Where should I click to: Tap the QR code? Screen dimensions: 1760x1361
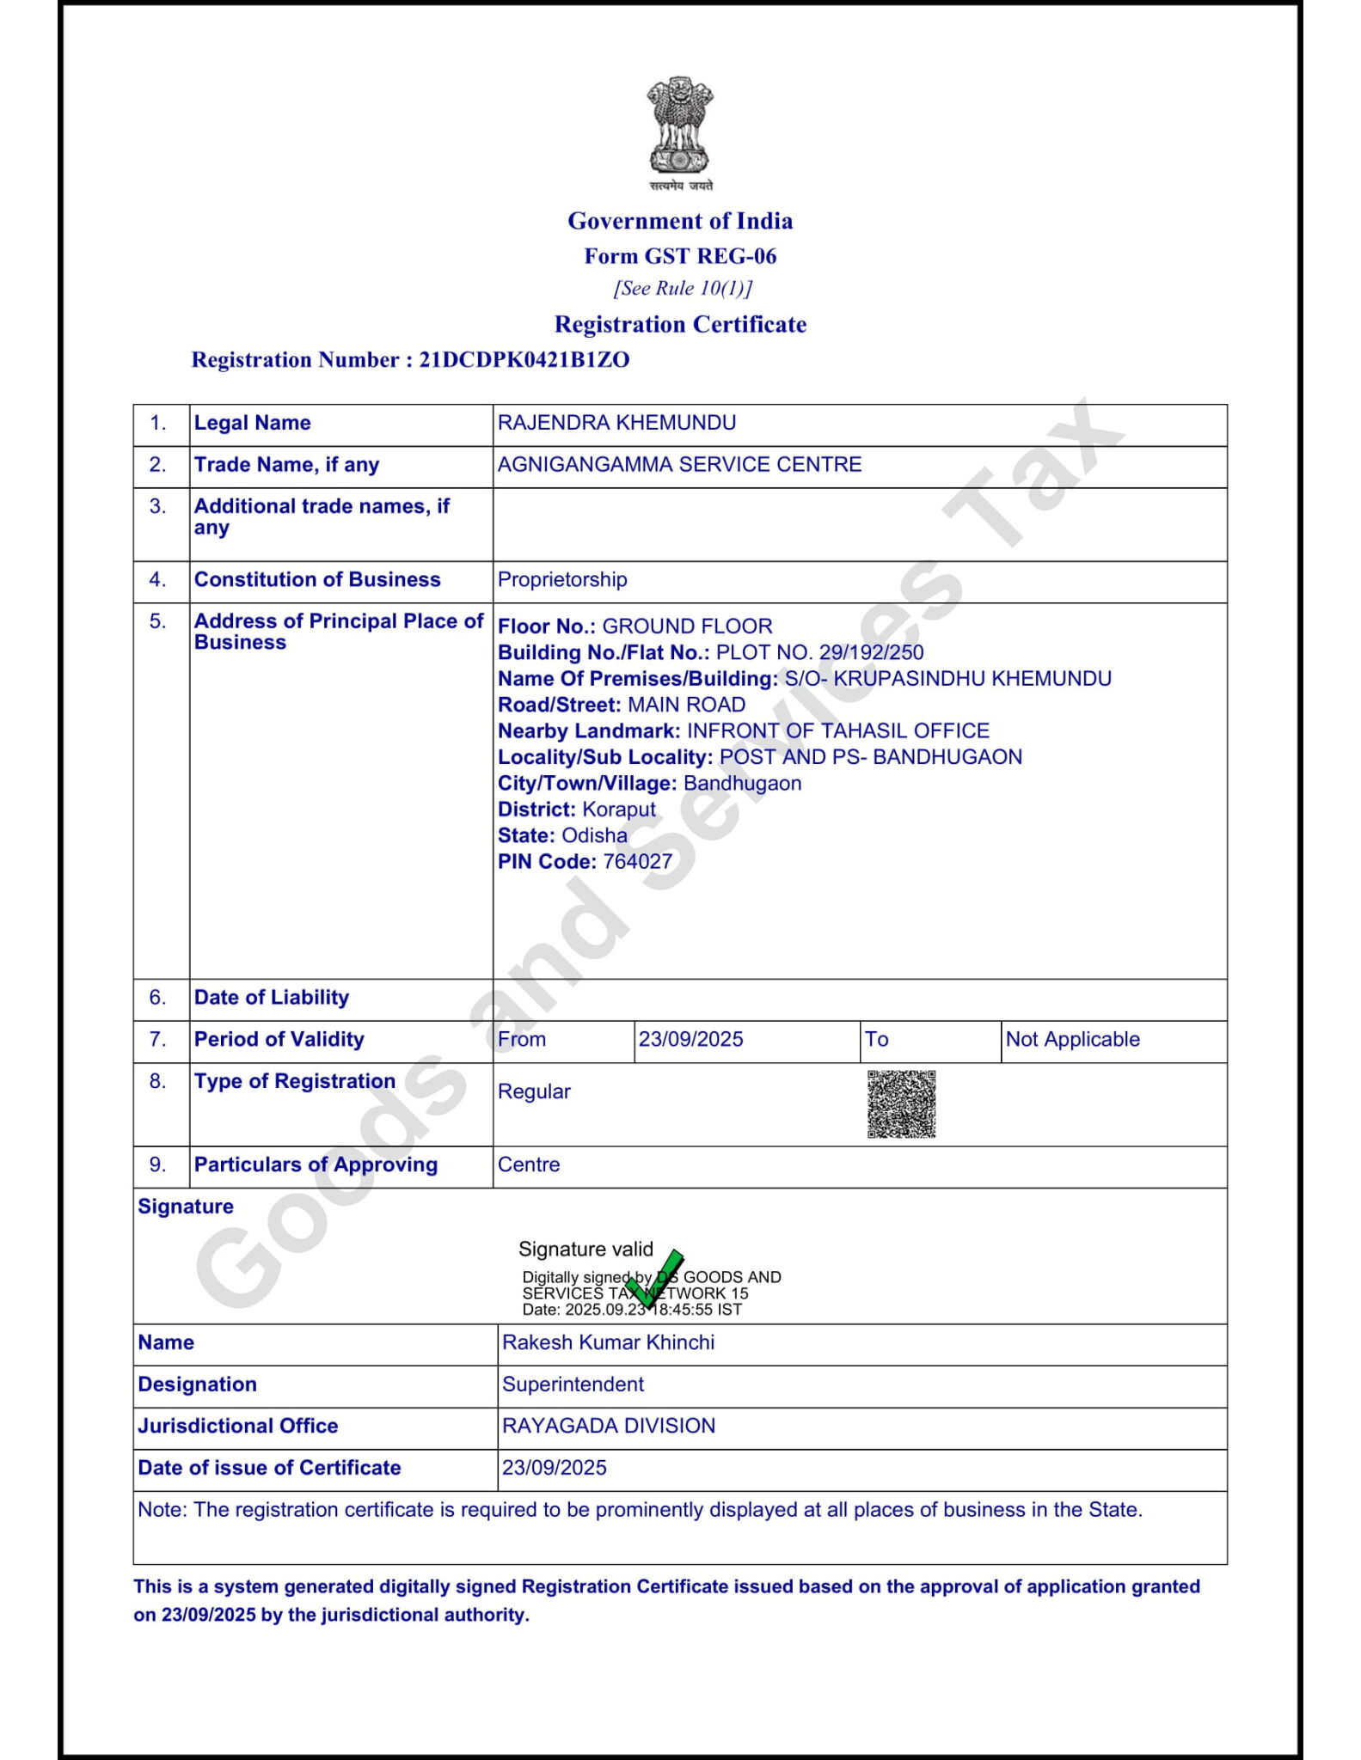coord(900,1103)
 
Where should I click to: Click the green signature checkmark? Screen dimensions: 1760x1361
coord(655,1279)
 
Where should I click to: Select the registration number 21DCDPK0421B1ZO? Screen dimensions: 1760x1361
coord(524,359)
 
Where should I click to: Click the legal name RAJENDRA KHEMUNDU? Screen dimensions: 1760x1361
coord(616,423)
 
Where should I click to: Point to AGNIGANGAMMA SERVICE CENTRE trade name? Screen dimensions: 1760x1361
coord(679,464)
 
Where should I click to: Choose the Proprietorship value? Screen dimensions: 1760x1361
coord(562,579)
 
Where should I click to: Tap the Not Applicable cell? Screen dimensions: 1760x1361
coord(1072,1039)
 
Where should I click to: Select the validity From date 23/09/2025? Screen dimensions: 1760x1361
coord(690,1039)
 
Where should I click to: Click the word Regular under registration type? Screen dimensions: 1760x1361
coord(534,1091)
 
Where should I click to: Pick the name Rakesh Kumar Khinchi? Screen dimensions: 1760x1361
coord(608,1342)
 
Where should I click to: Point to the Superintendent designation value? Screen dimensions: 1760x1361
coord(573,1384)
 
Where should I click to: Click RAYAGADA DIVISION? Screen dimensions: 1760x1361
coord(609,1426)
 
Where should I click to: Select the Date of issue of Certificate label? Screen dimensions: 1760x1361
coord(269,1468)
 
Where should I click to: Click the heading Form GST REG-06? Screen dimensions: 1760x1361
coord(680,256)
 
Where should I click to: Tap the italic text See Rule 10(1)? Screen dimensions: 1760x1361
coord(683,289)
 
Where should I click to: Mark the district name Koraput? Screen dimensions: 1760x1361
coord(619,810)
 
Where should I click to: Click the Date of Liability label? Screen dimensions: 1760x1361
coord(272,998)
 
